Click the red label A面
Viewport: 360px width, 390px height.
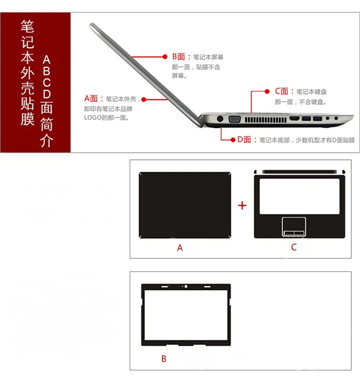(94, 98)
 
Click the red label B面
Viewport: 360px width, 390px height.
(181, 57)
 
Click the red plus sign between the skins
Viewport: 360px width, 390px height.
(242, 206)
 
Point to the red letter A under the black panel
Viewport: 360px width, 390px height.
(180, 248)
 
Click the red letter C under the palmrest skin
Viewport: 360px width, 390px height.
(294, 247)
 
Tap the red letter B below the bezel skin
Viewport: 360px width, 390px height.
(164, 359)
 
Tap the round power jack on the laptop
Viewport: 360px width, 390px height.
(220, 119)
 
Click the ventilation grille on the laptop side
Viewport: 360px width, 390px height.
(266, 119)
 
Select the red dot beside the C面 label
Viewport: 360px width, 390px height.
(268, 91)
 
